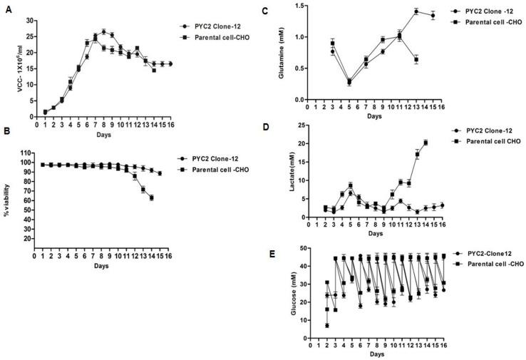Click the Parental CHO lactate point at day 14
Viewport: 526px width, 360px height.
(x=426, y=143)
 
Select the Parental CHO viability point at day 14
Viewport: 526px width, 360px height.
(x=152, y=197)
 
